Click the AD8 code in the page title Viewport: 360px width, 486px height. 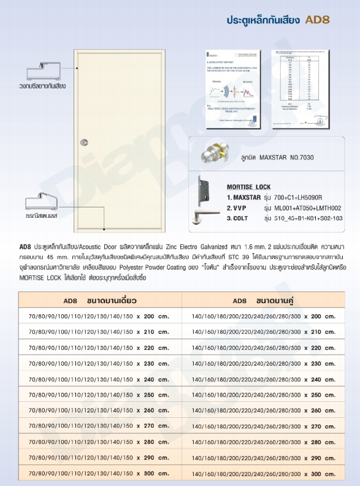pos(318,20)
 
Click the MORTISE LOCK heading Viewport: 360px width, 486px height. pos(248,187)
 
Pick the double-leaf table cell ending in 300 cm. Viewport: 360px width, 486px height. pos(264,474)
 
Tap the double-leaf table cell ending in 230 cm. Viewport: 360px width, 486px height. pos(264,363)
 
